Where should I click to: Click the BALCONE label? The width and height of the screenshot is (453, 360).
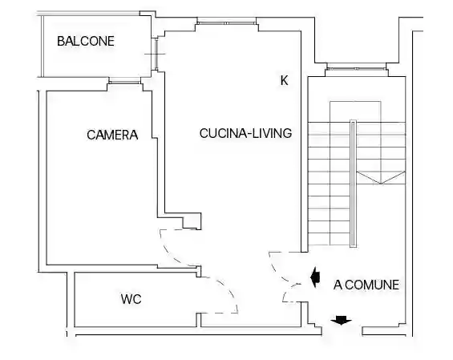point(86,41)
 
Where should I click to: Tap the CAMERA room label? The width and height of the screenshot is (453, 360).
point(112,135)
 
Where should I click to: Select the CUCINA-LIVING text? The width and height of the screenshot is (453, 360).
point(245,133)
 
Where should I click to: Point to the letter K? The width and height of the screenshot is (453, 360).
point(285,80)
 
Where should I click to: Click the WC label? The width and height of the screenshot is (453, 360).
point(131,299)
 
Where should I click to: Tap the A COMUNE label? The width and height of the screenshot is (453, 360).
point(366,285)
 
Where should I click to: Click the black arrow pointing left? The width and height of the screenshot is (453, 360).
point(315,277)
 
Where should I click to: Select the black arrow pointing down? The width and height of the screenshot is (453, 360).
point(342,321)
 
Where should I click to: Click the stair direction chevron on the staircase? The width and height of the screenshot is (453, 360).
point(381,177)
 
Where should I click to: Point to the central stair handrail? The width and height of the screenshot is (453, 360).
point(353,184)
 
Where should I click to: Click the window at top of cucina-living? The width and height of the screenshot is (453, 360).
point(227,22)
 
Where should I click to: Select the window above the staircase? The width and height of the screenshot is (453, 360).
point(357,68)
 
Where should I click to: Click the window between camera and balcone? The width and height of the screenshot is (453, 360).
point(124,83)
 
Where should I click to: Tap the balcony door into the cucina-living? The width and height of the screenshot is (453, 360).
point(156,54)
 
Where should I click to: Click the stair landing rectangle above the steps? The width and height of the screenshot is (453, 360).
point(355,111)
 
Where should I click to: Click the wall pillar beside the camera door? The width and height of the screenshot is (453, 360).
point(192,221)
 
